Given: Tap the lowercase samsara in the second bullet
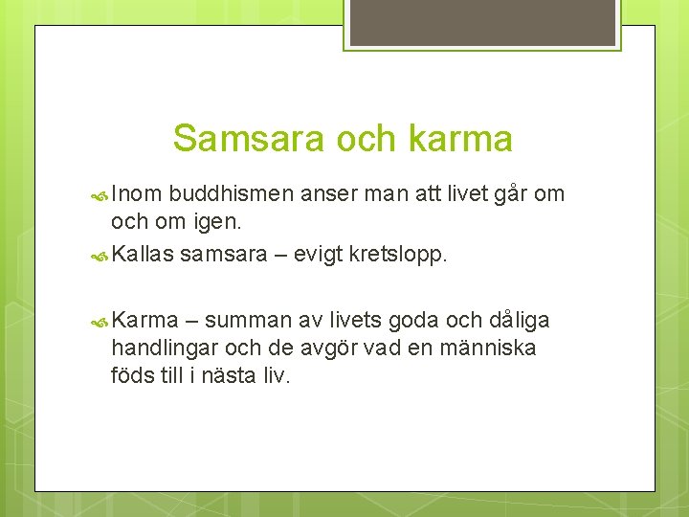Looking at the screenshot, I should click(221, 254).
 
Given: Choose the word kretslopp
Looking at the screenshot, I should click(400, 254).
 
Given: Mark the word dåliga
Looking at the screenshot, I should click(519, 320).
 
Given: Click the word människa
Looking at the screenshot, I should click(487, 347).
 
